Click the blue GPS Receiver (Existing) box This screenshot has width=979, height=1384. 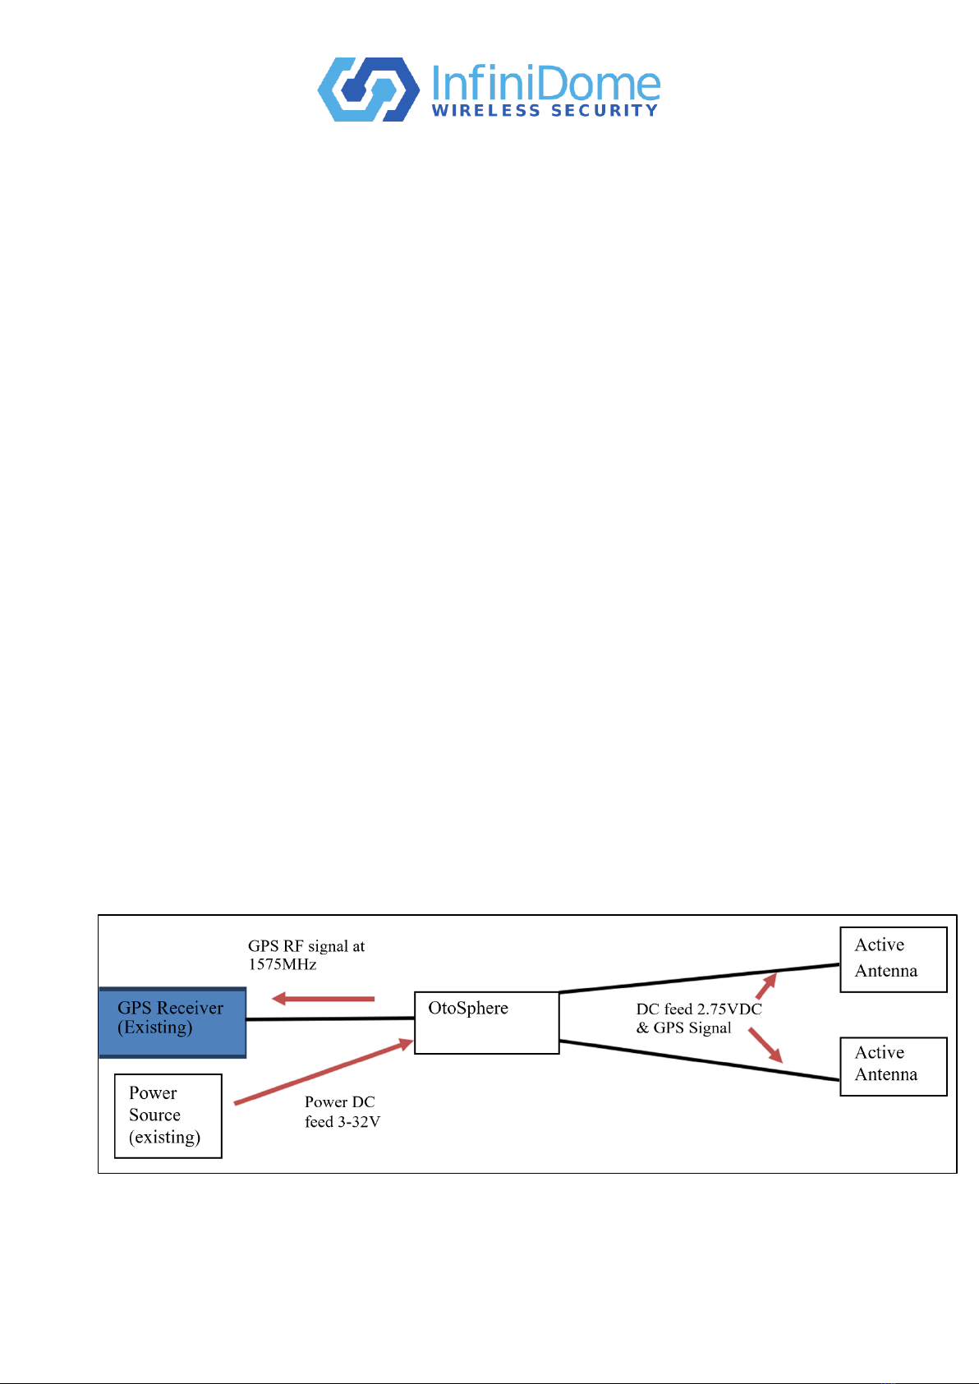tap(173, 1023)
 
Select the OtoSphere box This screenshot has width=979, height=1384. tap(487, 1023)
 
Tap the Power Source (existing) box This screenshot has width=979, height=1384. tap(168, 1116)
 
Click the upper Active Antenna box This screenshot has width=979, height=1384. tap(893, 959)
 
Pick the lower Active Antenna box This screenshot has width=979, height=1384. tap(893, 1066)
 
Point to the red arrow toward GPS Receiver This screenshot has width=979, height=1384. tap(323, 999)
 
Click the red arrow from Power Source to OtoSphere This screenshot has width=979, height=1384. tap(324, 1072)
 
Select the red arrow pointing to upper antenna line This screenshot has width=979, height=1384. tap(766, 986)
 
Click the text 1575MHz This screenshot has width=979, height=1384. tap(283, 964)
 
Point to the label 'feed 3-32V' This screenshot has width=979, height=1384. tap(342, 1121)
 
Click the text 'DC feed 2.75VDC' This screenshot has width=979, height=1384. tap(699, 1009)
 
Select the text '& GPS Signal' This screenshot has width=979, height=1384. tap(684, 1028)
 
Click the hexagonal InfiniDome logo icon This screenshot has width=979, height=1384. tap(369, 90)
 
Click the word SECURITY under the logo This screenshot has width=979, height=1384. tap(604, 111)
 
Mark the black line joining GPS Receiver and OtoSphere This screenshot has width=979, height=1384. tap(330, 1018)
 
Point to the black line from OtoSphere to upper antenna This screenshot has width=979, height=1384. tap(700, 978)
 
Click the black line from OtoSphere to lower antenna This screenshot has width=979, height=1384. tap(700, 1061)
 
